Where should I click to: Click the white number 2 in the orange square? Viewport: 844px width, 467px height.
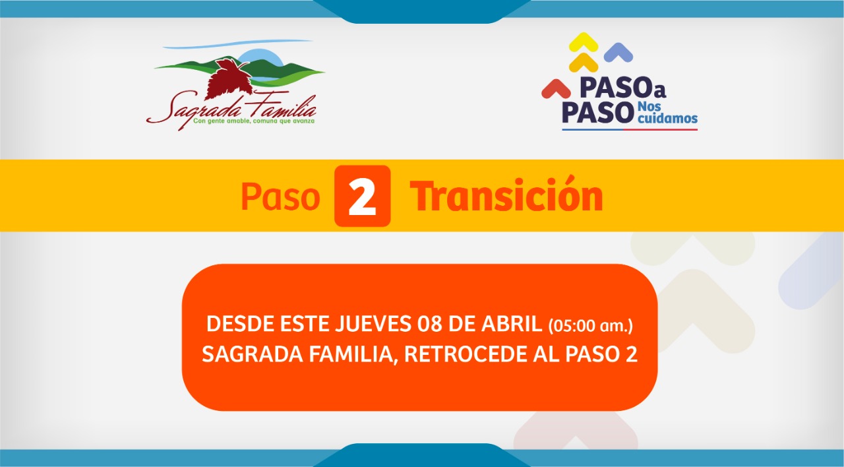362,197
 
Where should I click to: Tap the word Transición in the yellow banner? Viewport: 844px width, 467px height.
506,195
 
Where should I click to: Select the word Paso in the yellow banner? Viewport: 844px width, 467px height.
280,197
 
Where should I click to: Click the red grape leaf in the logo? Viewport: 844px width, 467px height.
228,78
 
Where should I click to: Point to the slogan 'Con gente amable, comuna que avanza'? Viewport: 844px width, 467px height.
254,121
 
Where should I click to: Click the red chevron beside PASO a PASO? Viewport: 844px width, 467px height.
556,89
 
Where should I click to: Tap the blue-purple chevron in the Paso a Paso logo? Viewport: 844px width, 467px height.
618,52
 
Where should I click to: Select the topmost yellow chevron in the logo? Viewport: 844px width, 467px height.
584,42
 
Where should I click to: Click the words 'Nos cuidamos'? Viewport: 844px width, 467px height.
667,113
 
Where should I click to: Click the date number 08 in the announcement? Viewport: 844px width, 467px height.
429,324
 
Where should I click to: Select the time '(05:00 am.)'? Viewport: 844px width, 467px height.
590,326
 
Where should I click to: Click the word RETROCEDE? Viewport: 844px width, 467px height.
466,354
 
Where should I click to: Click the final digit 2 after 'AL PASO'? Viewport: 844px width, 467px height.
632,354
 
